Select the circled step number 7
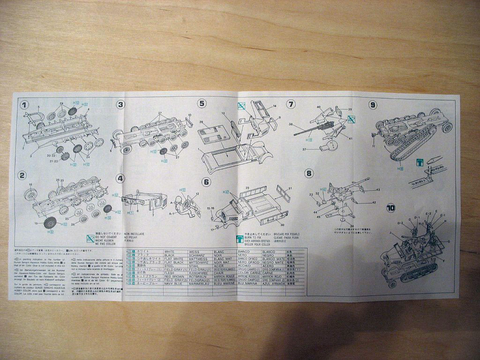click(x=291, y=104)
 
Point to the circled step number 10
click(x=390, y=208)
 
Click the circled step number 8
click(x=308, y=173)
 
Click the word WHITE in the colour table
click(x=170, y=252)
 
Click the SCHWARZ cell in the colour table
click(x=197, y=256)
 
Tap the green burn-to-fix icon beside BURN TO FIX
click(x=240, y=238)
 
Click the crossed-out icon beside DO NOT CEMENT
click(x=91, y=238)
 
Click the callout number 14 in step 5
click(x=275, y=106)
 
